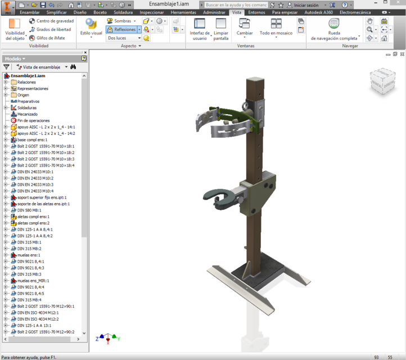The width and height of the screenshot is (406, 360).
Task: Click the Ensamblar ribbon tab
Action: [30, 12]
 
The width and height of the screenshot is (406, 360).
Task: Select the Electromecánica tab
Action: [355, 12]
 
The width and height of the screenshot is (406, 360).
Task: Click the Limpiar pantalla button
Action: [221, 28]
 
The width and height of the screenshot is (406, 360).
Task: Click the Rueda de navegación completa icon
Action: [334, 25]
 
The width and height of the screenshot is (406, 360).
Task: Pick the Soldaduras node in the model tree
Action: [26, 107]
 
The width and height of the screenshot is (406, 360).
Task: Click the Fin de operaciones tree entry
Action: [33, 120]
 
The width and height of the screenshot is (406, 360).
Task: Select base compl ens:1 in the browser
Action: [32, 139]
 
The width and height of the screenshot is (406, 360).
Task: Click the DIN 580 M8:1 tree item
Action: [29, 210]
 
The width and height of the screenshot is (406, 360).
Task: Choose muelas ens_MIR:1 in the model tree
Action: [33, 280]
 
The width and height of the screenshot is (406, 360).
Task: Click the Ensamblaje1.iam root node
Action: [28, 75]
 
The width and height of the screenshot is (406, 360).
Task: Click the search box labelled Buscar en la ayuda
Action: [236, 4]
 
